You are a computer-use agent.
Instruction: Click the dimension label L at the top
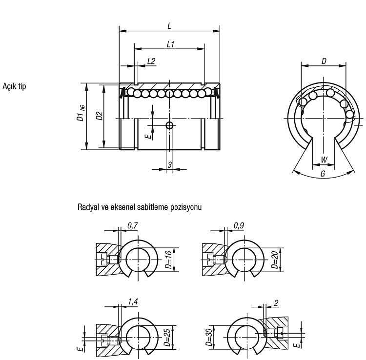click(x=169, y=26)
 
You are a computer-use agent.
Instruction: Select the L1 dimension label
click(x=171, y=44)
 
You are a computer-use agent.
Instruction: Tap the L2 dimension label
click(x=151, y=61)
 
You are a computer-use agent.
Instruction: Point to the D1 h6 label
click(x=81, y=113)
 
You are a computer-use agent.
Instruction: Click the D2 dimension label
click(x=100, y=116)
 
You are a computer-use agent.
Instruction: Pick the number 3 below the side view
click(x=170, y=165)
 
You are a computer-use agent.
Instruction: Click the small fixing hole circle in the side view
click(x=170, y=125)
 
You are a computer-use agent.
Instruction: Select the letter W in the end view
click(x=324, y=160)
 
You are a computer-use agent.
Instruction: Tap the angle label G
click(x=323, y=174)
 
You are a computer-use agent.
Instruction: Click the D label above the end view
click(x=324, y=61)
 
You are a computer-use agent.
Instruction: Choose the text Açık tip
click(x=14, y=86)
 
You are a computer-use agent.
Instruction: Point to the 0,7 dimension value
click(x=133, y=226)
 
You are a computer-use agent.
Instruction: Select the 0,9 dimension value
click(x=239, y=226)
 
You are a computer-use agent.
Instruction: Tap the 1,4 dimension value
click(x=133, y=301)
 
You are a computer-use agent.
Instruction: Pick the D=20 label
click(x=275, y=260)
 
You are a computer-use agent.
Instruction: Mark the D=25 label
click(x=167, y=337)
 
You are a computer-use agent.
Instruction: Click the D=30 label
click(x=209, y=337)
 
